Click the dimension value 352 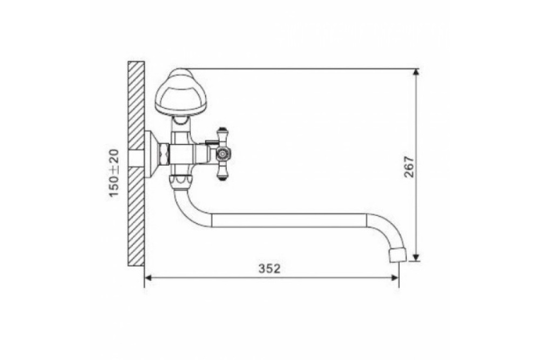point(269,268)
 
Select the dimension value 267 point(409,167)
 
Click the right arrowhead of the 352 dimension point(395,278)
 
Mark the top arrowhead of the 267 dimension point(416,72)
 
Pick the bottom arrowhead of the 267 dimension point(416,257)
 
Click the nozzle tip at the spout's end point(398,254)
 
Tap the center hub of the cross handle point(224,154)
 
